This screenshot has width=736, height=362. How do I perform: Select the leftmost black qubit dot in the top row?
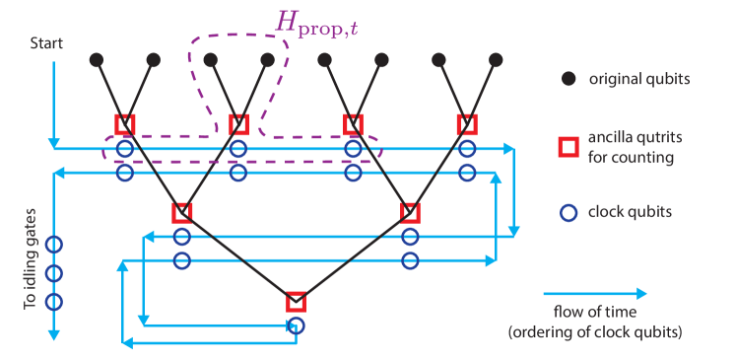point(96,59)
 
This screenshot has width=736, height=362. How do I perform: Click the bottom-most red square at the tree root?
point(295,303)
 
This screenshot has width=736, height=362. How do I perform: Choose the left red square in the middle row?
point(181,212)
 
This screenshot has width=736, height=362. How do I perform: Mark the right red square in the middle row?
point(410,212)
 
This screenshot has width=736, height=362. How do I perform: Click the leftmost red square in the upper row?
point(124,124)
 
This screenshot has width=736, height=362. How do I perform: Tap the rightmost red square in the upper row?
point(467,124)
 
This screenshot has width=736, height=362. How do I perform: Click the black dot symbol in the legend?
point(569,78)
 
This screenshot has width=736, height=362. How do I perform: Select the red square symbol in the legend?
point(569,147)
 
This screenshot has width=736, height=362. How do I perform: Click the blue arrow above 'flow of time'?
point(595,293)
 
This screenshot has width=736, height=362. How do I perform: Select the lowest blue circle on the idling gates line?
point(54,301)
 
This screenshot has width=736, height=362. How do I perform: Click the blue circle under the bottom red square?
point(295,325)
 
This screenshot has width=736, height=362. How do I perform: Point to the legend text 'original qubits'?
point(637,78)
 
